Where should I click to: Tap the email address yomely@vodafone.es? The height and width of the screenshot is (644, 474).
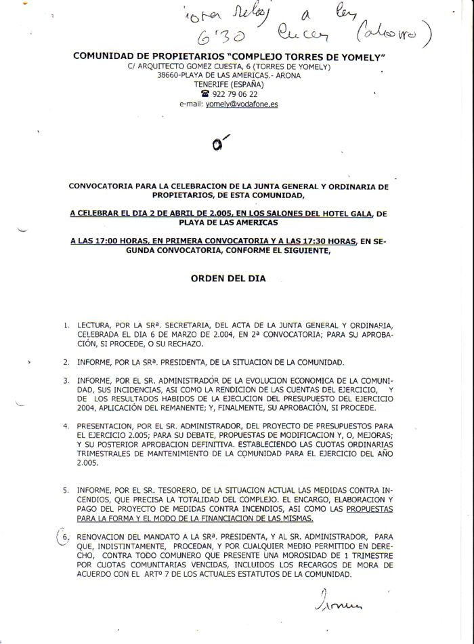click(242, 104)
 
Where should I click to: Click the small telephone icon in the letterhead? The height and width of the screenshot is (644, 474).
click(206, 94)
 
